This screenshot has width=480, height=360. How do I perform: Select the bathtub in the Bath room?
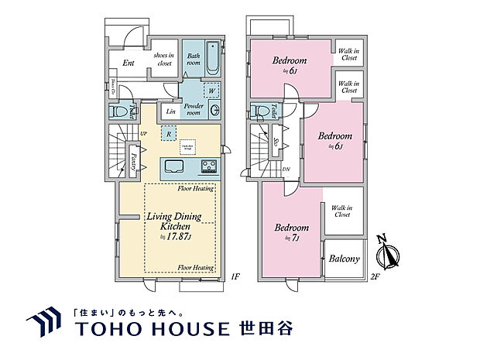pos(215,59)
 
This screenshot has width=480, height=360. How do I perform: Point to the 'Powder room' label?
pos(193,110)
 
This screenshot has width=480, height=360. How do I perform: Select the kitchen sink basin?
pos(173,167)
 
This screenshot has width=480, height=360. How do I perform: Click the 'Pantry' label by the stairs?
pos(135,164)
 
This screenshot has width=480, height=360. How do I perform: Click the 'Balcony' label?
pos(345,259)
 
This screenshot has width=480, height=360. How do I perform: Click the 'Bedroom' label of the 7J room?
pos(292,228)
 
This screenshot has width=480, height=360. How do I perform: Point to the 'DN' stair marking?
pos(286,170)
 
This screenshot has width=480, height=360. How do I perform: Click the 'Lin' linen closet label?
pos(170,112)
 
